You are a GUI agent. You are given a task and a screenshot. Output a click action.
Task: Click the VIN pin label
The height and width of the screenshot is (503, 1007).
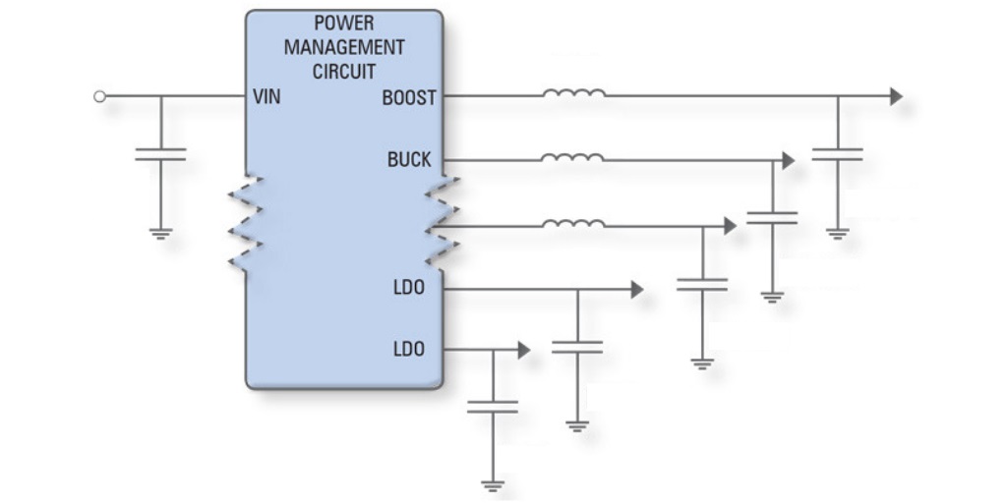click(x=267, y=97)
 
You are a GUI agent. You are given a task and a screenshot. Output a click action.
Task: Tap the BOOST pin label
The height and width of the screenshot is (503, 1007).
click(x=409, y=98)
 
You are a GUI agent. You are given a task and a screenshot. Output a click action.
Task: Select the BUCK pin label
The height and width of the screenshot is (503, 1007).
click(x=409, y=160)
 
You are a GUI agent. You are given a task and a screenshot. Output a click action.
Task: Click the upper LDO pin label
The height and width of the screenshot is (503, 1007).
click(x=409, y=288)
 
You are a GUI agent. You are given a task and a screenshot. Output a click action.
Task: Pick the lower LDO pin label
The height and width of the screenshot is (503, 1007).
click(x=409, y=350)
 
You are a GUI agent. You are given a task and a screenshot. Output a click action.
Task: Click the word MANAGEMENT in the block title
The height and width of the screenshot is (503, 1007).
click(x=344, y=47)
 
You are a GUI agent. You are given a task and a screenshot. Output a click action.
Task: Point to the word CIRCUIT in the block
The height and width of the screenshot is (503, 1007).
click(x=344, y=71)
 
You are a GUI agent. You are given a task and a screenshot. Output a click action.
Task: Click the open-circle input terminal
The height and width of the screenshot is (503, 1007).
click(x=99, y=96)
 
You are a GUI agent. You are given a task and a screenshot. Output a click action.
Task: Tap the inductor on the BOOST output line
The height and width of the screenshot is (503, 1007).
click(x=573, y=93)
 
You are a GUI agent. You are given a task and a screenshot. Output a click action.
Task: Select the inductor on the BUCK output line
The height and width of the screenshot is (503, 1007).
click(x=572, y=157)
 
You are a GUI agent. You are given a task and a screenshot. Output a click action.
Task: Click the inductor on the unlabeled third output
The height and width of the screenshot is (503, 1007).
click(x=573, y=223)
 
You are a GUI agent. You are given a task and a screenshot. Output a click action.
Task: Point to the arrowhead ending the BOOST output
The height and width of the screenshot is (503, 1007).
click(x=897, y=96)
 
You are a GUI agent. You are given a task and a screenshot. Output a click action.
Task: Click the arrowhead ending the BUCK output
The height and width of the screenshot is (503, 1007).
click(x=789, y=160)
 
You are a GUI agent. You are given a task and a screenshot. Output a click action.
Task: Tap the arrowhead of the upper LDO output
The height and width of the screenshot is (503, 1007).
click(x=637, y=290)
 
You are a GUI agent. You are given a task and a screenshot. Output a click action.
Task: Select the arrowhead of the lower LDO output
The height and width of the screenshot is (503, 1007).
click(x=524, y=351)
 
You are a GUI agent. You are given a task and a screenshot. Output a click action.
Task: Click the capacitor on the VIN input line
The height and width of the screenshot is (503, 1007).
click(x=160, y=154)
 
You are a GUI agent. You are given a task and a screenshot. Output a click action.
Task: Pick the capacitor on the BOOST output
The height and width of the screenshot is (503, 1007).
click(x=838, y=154)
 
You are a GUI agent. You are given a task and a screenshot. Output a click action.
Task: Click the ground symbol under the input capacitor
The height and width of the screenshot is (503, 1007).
click(x=160, y=234)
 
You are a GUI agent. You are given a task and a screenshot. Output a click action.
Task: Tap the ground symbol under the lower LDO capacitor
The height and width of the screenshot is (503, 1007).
click(x=493, y=485)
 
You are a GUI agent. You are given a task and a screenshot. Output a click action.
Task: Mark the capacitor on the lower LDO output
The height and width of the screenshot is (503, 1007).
click(x=493, y=407)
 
